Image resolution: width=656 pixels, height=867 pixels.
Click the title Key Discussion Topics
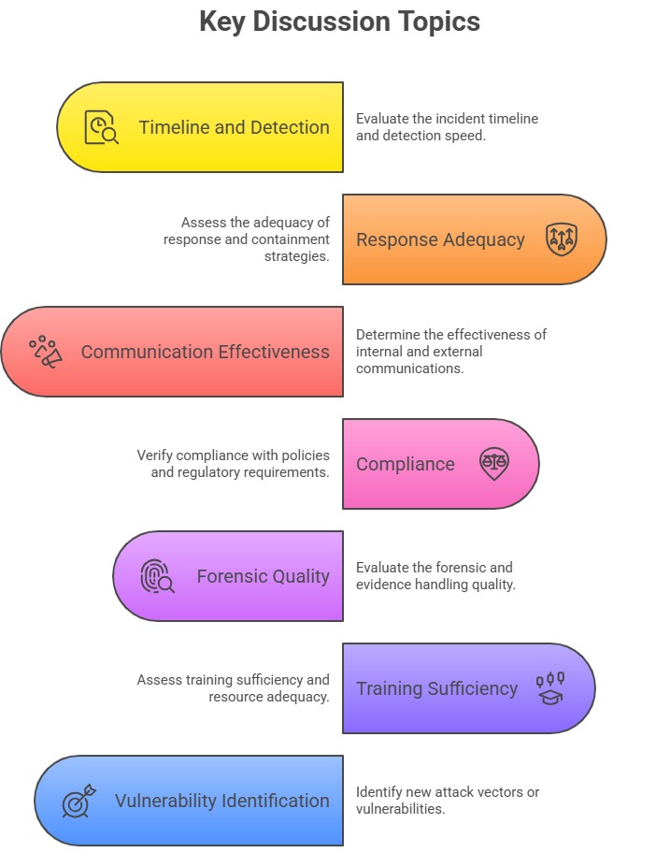pos(339,22)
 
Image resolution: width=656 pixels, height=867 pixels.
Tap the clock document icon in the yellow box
pos(101,127)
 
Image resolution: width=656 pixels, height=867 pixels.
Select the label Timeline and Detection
pos(234,127)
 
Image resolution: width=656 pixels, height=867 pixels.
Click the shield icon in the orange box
pos(562,239)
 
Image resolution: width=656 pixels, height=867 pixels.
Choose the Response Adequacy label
pos(440,239)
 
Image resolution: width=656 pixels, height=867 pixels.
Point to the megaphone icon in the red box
pos(46,352)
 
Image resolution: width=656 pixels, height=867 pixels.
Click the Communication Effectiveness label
pos(205,352)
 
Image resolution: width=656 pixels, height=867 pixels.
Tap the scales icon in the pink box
pos(493,463)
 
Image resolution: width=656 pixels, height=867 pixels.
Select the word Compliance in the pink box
pos(405,464)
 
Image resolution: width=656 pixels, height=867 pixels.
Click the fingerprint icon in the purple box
pos(157,576)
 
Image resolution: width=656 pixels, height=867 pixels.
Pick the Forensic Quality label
pos(263,576)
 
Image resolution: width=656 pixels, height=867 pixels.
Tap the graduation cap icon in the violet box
pos(550,688)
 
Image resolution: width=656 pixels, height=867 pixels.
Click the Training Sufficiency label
pos(436,688)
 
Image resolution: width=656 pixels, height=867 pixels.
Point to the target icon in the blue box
pos(78,801)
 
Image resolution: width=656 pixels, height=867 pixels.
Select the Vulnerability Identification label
pos(221,801)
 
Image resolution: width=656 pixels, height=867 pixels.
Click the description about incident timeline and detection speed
pos(447,127)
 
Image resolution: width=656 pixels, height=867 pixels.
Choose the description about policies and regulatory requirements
pos(233,464)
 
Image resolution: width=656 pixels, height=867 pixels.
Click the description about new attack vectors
pos(447,801)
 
